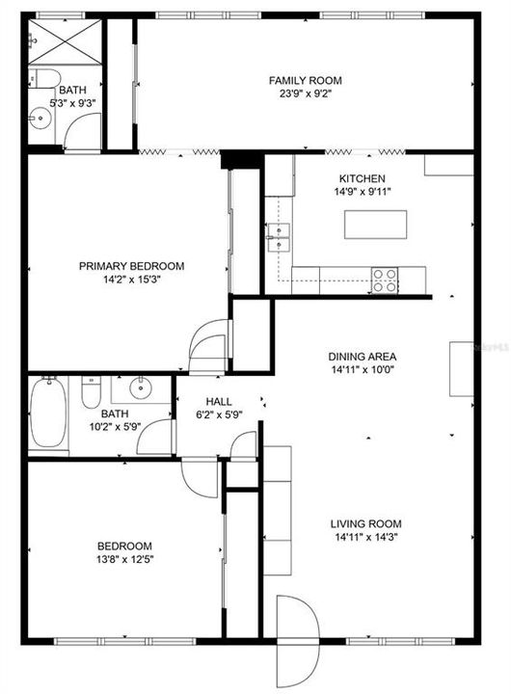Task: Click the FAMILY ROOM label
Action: tap(305, 81)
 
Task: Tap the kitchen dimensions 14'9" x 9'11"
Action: tap(362, 192)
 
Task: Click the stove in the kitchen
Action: tap(386, 280)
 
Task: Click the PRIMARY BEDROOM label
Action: tap(131, 266)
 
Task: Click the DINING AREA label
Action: tap(363, 356)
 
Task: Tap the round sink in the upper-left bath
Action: tap(40, 120)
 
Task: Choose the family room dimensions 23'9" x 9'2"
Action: tap(305, 94)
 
